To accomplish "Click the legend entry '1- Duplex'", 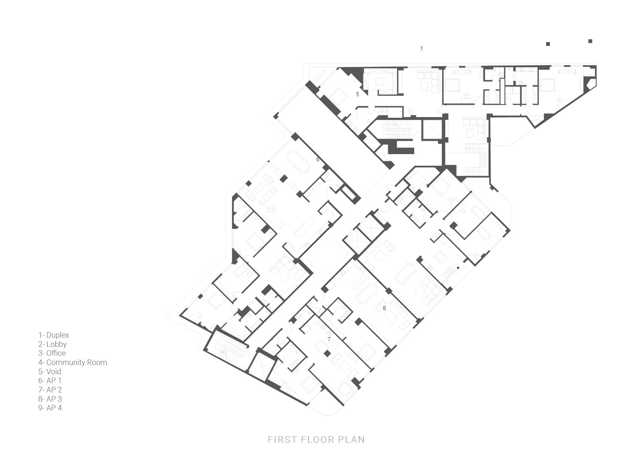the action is click(x=54, y=335).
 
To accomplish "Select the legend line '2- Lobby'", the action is click(x=52, y=344).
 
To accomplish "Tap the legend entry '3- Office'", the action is click(x=52, y=353).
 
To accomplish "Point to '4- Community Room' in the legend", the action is click(x=73, y=363).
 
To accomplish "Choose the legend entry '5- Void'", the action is click(x=50, y=372).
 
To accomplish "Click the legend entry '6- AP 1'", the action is click(x=50, y=380).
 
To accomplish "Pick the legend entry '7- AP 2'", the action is click(x=50, y=390).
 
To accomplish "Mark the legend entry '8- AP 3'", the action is click(x=50, y=399).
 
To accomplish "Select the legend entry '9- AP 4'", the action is click(x=50, y=408).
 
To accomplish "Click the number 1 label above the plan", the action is click(x=421, y=49).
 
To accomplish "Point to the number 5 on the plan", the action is click(x=358, y=94).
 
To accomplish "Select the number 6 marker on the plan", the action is click(x=318, y=159).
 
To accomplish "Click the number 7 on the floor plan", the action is click(x=329, y=339).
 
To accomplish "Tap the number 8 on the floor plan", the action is click(x=384, y=308).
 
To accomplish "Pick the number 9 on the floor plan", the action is click(x=428, y=186).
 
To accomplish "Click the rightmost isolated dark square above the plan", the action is click(x=590, y=41).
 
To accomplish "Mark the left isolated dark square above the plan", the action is click(x=548, y=44).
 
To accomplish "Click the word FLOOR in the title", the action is click(x=316, y=440).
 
